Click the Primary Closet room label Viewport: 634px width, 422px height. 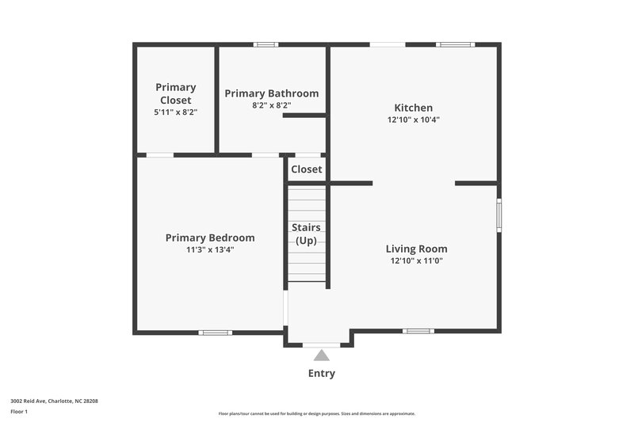[175, 93]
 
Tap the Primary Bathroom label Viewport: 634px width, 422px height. [271, 93]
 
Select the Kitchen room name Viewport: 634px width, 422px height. [413, 108]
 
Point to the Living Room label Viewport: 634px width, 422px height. [416, 249]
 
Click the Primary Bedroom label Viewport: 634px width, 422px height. [210, 238]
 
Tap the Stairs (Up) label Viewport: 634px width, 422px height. [306, 234]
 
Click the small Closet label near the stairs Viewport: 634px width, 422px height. [306, 169]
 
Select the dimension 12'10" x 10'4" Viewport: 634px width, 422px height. [413, 120]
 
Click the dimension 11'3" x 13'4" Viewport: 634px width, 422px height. [210, 249]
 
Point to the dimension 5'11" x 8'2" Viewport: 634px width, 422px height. [175, 112]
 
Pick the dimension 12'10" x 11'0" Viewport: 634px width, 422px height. [416, 260]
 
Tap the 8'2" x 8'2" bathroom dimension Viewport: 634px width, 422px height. [271, 105]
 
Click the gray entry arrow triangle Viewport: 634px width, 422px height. [321, 355]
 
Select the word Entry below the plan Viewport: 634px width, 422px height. [321, 374]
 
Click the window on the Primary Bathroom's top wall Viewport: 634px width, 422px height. [266, 44]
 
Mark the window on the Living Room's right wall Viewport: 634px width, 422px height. [498, 215]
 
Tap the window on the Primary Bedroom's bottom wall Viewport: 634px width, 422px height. [214, 333]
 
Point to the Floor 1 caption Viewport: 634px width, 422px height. [18, 412]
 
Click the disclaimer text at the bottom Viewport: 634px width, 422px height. [316, 413]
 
